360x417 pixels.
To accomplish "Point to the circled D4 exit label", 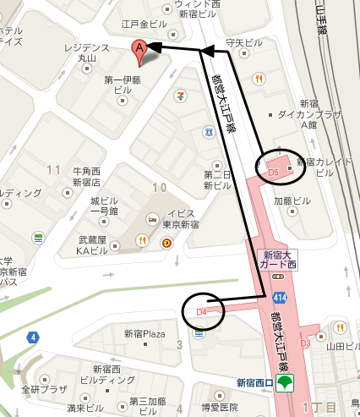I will coord(201,311).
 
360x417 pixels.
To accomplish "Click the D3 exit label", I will coord(306,343).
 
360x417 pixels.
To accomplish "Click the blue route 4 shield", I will coord(33,337).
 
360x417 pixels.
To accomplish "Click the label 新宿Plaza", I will coord(144,333).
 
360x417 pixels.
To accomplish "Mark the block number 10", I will coord(157,187).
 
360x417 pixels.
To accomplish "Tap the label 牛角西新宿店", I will coord(86,176).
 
